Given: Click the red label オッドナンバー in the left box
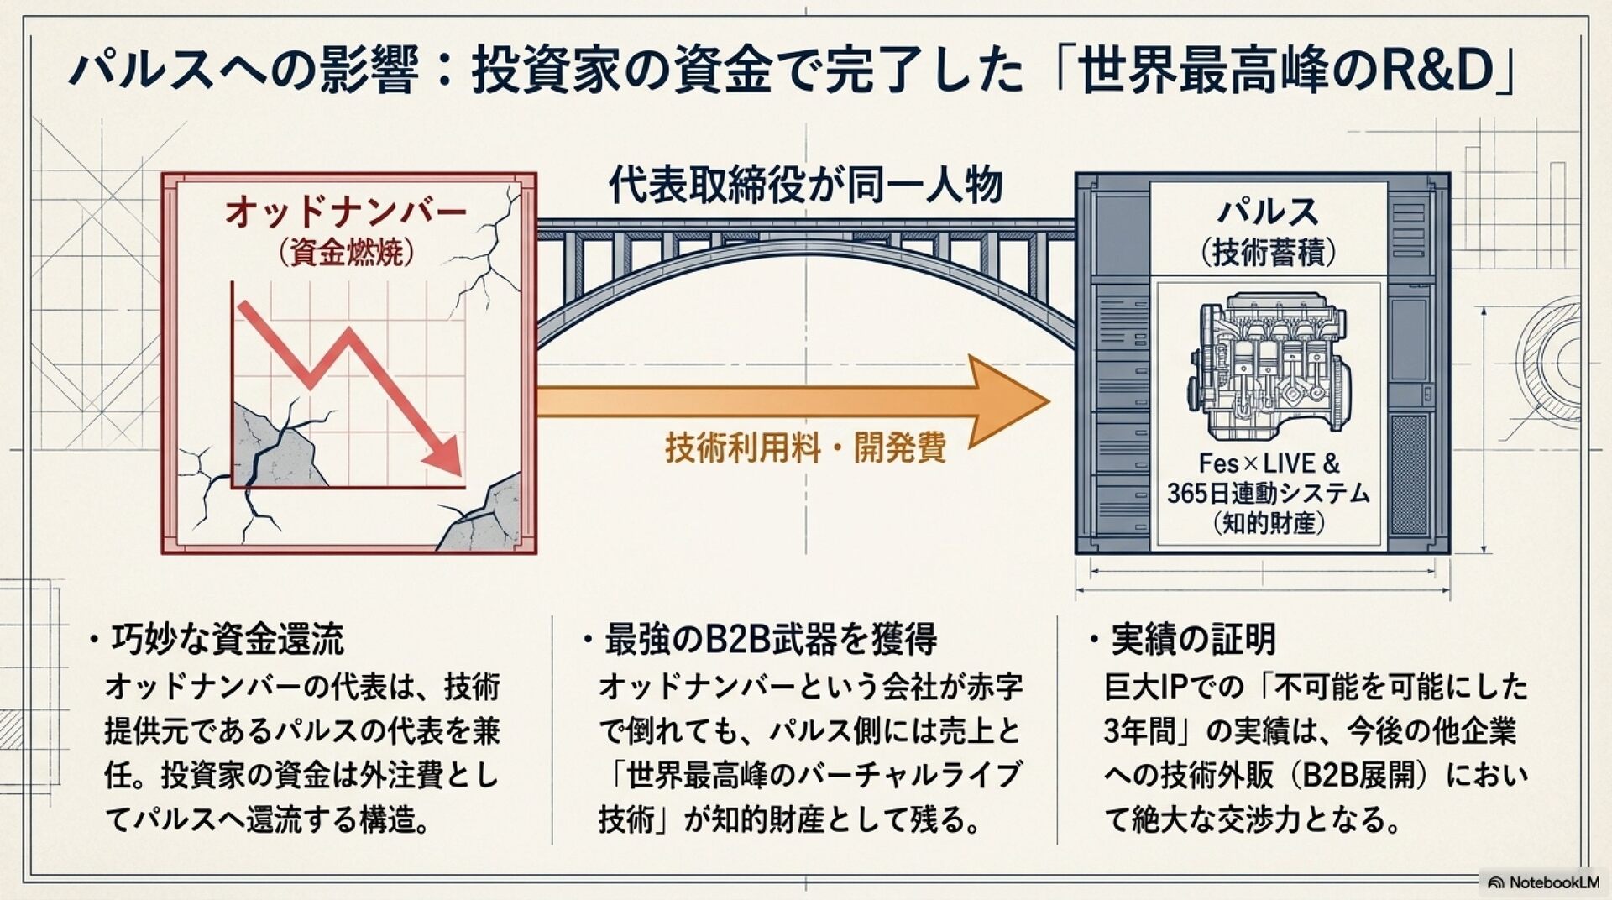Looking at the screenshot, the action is coord(345,212).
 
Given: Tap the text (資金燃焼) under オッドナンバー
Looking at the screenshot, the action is coord(345,253).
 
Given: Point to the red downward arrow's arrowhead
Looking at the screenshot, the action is coord(444,458).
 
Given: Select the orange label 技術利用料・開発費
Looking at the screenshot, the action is coord(805,447).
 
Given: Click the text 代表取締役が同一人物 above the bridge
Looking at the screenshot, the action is coord(805,186).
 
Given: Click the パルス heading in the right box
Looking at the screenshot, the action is coord(1268,212).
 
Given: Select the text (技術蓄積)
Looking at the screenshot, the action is coord(1268,252).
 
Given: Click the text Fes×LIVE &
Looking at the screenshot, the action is coord(1269,463).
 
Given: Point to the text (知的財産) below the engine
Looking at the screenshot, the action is coord(1269,524).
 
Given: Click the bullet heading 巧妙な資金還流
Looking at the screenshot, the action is coord(227,640).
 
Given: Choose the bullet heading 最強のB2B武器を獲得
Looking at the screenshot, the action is coord(770,640).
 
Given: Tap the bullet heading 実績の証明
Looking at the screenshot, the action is coord(1193,640).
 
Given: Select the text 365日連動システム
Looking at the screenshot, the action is coord(1269,494).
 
